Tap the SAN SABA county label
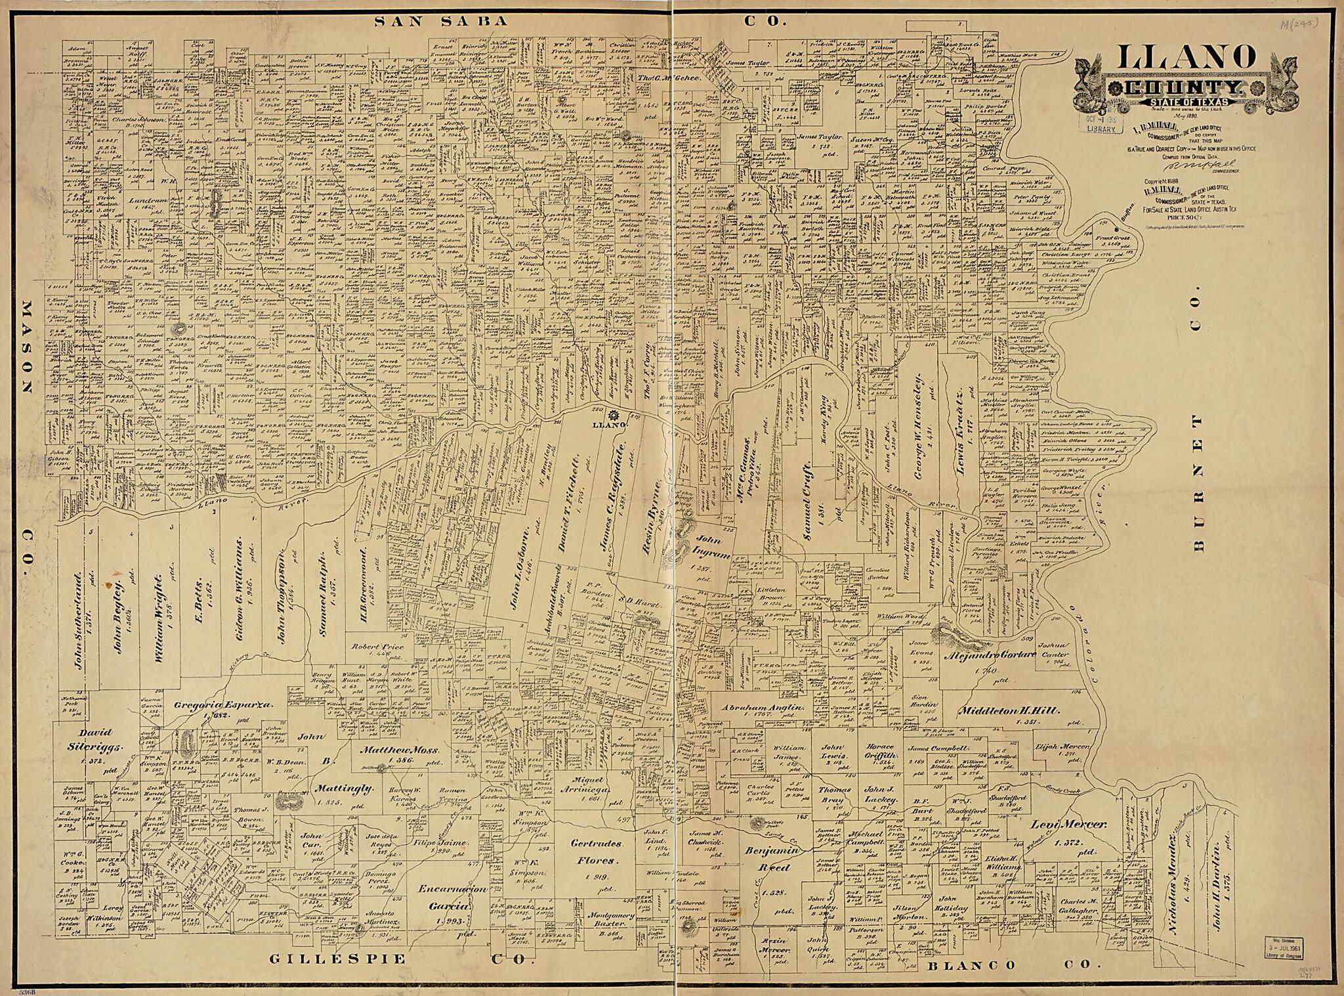[441, 21]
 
